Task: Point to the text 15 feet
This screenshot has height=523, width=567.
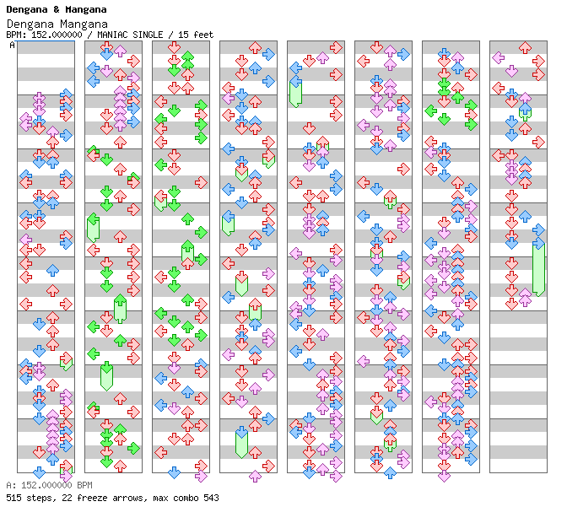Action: pos(197,35)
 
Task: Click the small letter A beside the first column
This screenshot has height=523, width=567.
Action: pos(13,45)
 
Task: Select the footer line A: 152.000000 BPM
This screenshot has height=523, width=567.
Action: pos(49,486)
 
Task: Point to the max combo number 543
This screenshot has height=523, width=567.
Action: pos(210,498)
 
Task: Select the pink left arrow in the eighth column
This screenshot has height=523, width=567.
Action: pos(498,58)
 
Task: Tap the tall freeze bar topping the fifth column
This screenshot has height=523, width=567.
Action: pos(295,92)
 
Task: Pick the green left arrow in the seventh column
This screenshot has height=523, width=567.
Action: pos(430,111)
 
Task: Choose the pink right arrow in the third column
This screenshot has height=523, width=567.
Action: pos(201,463)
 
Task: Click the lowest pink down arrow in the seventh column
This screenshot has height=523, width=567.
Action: pos(444,475)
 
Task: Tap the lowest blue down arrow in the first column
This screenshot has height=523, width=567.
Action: pos(39,472)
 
